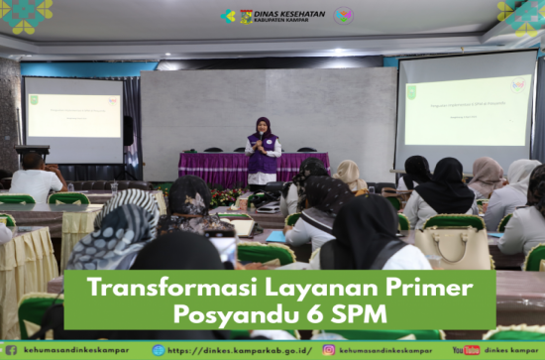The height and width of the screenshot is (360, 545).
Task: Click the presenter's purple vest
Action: (x=262, y=158)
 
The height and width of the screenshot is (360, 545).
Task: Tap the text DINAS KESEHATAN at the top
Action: (x=289, y=13)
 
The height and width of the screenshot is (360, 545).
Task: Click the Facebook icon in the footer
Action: (x=10, y=350)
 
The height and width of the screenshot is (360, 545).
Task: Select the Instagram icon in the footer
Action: (x=329, y=350)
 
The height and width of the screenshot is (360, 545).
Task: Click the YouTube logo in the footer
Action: (x=466, y=350)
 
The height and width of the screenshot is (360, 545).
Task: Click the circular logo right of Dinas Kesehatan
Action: (x=343, y=16)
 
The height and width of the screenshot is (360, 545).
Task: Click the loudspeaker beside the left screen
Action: (x=129, y=130)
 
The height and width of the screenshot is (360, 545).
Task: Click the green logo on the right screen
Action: (x=411, y=92)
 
